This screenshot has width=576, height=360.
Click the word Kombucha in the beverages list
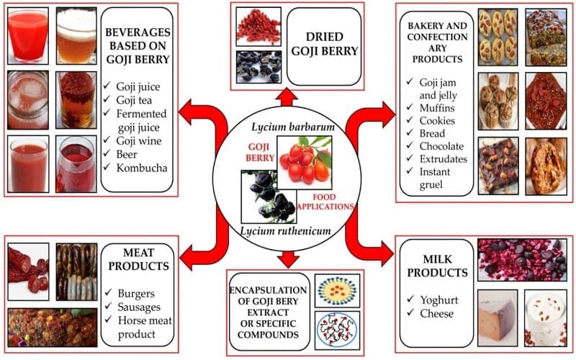pyautogui.click(x=142, y=168)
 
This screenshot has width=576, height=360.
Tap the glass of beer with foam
pyautogui.click(x=76, y=35)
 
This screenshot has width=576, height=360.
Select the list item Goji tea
pyautogui.click(x=134, y=100)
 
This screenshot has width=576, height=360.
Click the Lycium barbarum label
pyautogui.click(x=293, y=127)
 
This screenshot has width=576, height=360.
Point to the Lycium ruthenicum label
pyautogui.click(x=285, y=231)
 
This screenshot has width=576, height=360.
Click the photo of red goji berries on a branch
pyautogui.click(x=305, y=163)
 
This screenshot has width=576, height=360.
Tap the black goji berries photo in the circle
pyautogui.click(x=269, y=197)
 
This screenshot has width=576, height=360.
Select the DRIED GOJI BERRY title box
pyautogui.click(x=324, y=46)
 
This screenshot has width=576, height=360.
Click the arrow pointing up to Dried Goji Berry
pyautogui.click(x=287, y=97)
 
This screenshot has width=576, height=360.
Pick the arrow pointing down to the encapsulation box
pyautogui.click(x=289, y=259)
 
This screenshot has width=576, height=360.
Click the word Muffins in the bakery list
pyautogui.click(x=437, y=108)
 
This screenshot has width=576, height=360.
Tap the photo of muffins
pyautogui.click(x=498, y=101)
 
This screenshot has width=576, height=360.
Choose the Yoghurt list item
pyautogui.click(x=439, y=300)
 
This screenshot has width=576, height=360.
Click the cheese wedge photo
pyautogui.click(x=498, y=318)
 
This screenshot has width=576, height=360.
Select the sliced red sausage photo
pyautogui.click(x=28, y=271)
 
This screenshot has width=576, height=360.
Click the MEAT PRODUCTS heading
pyautogui.click(x=138, y=259)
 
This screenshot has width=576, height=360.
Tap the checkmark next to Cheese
pyautogui.click(x=410, y=312)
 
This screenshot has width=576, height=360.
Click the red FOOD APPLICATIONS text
pyautogui.click(x=325, y=202)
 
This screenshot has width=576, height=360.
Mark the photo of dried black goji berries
pyautogui.click(x=258, y=67)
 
